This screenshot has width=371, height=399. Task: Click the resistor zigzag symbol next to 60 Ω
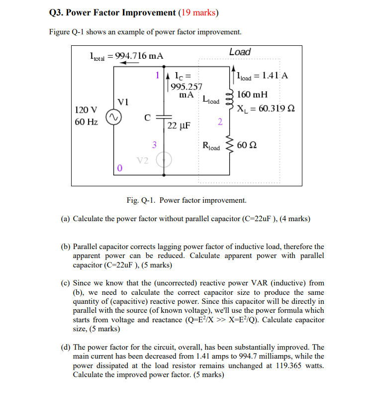pyautogui.click(x=229, y=145)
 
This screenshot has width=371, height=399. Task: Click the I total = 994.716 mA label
pyautogui.click(x=126, y=56)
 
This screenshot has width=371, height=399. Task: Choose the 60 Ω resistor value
pyautogui.click(x=247, y=145)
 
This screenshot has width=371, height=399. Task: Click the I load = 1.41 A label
pyautogui.click(x=263, y=76)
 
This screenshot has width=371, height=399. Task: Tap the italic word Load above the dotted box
pyautogui.click(x=240, y=52)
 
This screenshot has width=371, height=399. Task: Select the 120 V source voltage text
pyautogui.click(x=86, y=109)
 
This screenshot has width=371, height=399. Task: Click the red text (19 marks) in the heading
pyautogui.click(x=199, y=12)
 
